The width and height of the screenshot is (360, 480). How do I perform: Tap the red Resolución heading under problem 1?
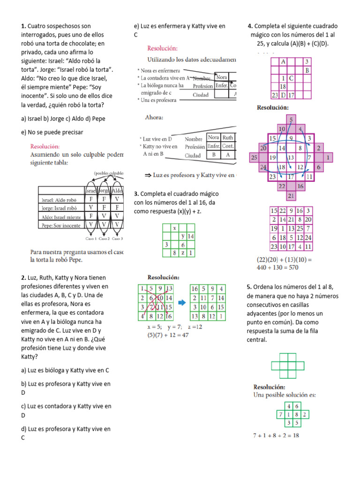[x=45, y=146]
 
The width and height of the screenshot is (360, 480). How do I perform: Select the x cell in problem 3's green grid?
[x=174, y=228]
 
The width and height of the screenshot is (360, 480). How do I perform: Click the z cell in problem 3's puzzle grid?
[x=183, y=253]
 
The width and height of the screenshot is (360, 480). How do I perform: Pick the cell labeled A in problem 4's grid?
[x=283, y=61]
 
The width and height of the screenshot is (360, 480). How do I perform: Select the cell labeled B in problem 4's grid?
[x=307, y=70]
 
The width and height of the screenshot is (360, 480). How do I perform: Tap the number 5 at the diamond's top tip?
[x=291, y=120]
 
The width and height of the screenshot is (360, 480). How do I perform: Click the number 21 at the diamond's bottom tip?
[x=291, y=195]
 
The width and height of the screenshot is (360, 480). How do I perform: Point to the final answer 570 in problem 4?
[x=292, y=268]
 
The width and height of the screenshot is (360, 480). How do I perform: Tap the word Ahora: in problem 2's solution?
[x=154, y=118]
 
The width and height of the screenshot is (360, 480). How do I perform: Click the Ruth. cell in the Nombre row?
[x=228, y=138]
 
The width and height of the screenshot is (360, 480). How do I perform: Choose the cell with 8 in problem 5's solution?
[x=297, y=414]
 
